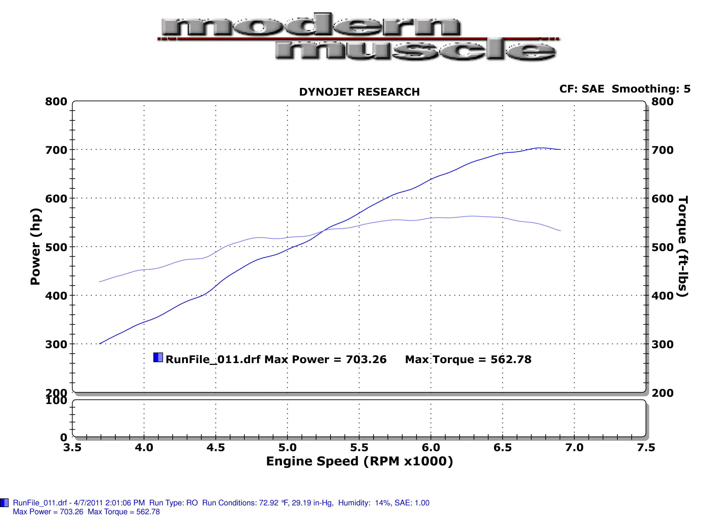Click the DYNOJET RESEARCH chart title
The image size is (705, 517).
pyautogui.click(x=359, y=92)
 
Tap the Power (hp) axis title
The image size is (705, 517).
pyautogui.click(x=35, y=247)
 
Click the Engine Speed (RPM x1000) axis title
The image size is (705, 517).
pyautogui.click(x=359, y=461)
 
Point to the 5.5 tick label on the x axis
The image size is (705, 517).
pyautogui.click(x=359, y=447)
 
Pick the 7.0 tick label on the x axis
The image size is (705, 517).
pyautogui.click(x=574, y=447)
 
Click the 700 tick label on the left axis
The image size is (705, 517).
pyautogui.click(x=56, y=150)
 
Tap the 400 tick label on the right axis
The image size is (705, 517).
pyautogui.click(x=662, y=295)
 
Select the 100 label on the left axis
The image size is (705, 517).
pyautogui.click(x=56, y=401)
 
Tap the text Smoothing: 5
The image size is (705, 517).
pyautogui.click(x=651, y=89)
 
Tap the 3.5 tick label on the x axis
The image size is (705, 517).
pyautogui.click(x=72, y=447)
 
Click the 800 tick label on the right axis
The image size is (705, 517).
pyautogui.click(x=662, y=102)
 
